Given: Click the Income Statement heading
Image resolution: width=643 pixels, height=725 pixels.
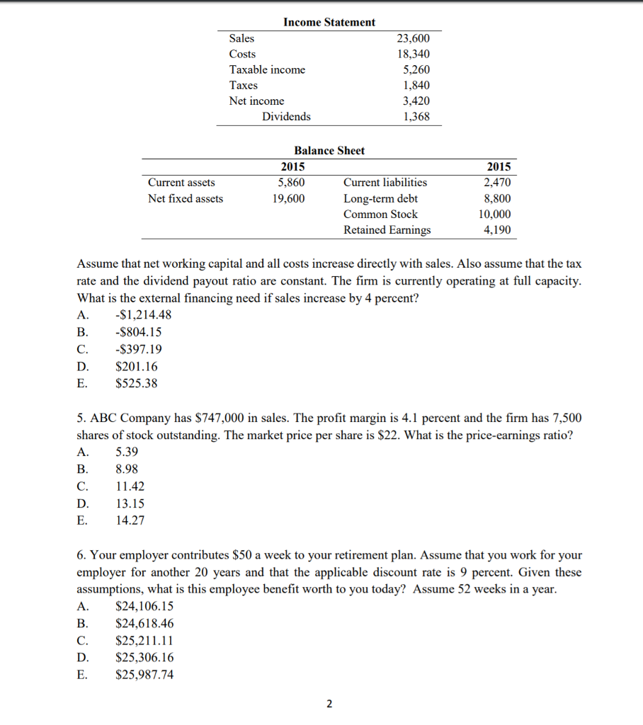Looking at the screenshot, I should click(x=329, y=22).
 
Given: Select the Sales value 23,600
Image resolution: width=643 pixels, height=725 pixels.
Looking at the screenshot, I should click(x=414, y=38).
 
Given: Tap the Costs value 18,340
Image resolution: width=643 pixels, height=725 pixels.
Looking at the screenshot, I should click(x=414, y=54).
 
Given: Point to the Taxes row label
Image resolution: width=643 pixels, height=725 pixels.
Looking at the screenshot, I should click(x=244, y=85).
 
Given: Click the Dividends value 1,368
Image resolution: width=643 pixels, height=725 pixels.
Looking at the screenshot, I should click(x=416, y=116).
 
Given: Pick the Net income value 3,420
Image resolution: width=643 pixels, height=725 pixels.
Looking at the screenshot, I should click(x=416, y=101).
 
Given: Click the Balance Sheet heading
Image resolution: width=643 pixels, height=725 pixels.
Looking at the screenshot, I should click(x=329, y=150).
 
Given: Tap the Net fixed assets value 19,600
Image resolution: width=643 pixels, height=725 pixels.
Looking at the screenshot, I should click(x=289, y=198).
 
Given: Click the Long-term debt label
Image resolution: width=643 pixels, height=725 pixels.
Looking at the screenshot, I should click(x=380, y=198).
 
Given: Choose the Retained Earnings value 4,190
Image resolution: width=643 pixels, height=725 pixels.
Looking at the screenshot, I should click(x=497, y=229).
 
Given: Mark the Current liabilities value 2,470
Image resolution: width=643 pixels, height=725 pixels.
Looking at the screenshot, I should click(x=497, y=183).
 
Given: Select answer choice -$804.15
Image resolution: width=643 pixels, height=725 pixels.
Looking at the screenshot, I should click(x=138, y=332).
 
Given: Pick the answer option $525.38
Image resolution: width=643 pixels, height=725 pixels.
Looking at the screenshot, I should click(x=137, y=384).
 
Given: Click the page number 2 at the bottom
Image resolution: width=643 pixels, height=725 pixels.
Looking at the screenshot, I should click(x=329, y=704).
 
